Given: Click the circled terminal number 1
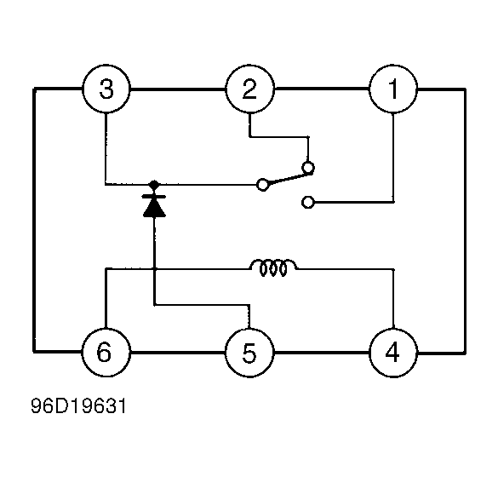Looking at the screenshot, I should [x=392, y=89].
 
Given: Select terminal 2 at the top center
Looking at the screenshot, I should [x=249, y=89].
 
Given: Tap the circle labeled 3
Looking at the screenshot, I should [x=106, y=89].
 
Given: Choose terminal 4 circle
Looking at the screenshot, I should [x=392, y=351].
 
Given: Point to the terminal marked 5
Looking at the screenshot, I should [x=249, y=351].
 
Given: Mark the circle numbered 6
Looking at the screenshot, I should [x=106, y=351].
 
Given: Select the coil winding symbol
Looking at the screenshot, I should [x=273, y=269].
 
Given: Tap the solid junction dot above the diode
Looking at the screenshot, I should [x=154, y=184].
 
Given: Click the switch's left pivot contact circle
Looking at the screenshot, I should [x=263, y=184].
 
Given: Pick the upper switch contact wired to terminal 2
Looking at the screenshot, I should [x=308, y=168].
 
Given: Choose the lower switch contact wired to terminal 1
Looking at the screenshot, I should [x=308, y=202].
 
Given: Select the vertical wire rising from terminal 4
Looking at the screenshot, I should [x=392, y=298].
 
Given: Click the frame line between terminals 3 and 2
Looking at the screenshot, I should [x=177, y=89].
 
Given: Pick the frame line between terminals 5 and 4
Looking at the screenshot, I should [x=321, y=351].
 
